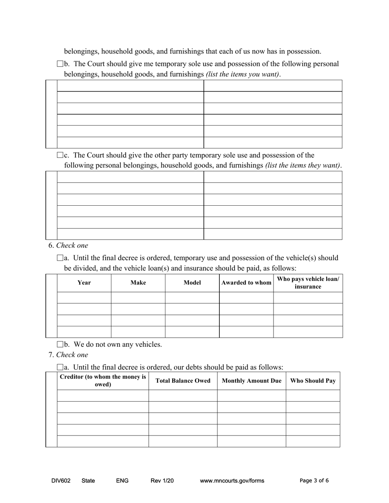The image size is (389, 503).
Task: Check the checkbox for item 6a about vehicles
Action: click(60, 258)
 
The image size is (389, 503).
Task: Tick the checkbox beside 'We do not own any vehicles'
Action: click(60, 344)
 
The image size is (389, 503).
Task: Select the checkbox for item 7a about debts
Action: click(60, 367)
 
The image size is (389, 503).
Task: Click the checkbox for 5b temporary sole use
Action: click(60, 64)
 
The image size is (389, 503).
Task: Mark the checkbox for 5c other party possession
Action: click(60, 155)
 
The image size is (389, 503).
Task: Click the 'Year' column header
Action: click(84, 283)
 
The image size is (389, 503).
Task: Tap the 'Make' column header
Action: click(138, 283)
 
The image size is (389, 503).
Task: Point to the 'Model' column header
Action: click(192, 283)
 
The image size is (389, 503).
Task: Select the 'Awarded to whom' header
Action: click(246, 283)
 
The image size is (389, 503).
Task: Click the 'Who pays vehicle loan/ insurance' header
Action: click(308, 283)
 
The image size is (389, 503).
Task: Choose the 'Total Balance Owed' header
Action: click(183, 381)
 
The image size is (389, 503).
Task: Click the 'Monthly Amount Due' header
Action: click(251, 381)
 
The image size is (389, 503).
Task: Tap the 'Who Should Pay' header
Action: click(313, 381)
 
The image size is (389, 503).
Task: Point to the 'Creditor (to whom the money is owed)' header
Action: click(103, 381)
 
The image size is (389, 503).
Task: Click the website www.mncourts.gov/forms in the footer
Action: click(232, 481)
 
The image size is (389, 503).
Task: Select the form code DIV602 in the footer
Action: click(61, 481)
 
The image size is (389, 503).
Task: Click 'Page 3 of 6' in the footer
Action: click(314, 481)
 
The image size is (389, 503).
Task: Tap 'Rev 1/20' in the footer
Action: click(162, 481)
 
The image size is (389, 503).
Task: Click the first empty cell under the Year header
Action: click(84, 298)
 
